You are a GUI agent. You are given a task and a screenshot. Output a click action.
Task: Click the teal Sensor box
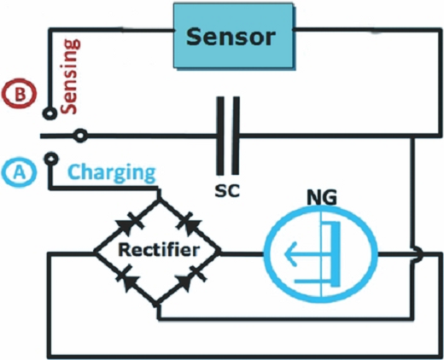point(234,36)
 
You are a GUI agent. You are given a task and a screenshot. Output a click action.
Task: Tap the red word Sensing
point(70,77)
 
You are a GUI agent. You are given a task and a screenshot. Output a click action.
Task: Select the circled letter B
point(20,95)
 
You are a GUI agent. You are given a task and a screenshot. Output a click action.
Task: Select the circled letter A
point(19,172)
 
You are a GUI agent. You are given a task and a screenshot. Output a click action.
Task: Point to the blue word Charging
point(112,173)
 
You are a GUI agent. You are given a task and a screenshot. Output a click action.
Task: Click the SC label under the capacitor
point(227,191)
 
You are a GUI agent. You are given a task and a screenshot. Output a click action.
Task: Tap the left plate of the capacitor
point(219,136)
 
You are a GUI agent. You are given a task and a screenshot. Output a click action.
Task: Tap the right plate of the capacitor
point(236,136)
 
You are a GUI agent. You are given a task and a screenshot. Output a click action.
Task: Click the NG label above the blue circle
point(322,197)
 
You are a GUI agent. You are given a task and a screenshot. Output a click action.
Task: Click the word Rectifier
point(159,250)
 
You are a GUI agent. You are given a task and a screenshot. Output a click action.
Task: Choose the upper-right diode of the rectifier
point(189,224)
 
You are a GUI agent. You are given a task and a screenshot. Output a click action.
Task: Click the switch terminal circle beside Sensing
point(50,113)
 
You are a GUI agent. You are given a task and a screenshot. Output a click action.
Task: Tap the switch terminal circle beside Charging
point(51,158)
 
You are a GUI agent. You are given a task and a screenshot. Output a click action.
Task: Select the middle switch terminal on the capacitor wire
point(80,136)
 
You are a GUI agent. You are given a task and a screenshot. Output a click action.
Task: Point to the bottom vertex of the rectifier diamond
point(157,305)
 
